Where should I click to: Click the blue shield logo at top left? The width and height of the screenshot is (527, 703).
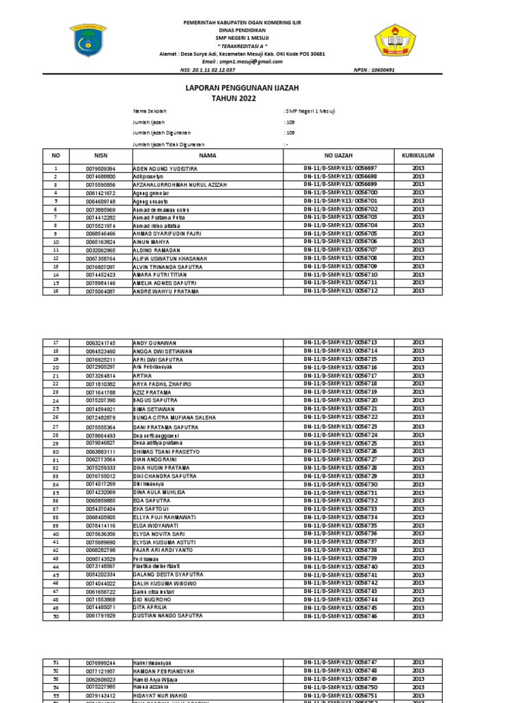tap(87, 43)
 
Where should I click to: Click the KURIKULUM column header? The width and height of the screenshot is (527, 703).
tap(418, 156)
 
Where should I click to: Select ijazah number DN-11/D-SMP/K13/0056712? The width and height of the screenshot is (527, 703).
tap(340, 291)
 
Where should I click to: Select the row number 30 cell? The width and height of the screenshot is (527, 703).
tap(56, 452)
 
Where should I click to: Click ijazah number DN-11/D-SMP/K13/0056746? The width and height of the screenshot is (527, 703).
tap(340, 616)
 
